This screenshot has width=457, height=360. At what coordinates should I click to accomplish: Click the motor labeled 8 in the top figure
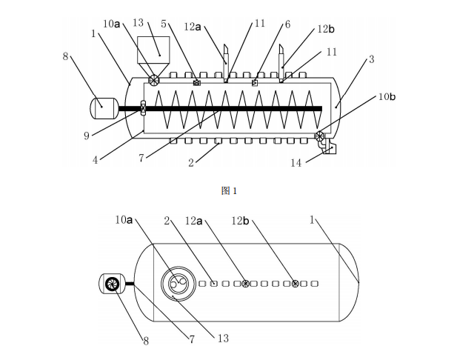tap(103, 108)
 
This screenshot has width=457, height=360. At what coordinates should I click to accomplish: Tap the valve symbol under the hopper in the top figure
tap(154, 80)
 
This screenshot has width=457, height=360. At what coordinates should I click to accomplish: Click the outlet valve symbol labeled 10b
tap(320, 136)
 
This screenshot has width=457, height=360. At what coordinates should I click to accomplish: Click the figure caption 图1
tap(229, 191)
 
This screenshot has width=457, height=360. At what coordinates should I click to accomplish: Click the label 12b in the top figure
tap(326, 29)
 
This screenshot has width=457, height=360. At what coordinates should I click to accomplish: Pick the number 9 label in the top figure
tap(87, 135)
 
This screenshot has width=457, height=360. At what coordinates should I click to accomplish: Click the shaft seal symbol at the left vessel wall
tap(142, 108)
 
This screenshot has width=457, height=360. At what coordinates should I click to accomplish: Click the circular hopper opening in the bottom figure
tap(179, 284)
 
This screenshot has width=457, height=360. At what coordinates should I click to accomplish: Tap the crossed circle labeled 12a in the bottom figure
tap(245, 284)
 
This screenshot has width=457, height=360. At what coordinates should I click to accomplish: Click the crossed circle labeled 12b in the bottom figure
tap(295, 284)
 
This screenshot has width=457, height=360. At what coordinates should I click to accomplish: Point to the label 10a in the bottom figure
tap(124, 219)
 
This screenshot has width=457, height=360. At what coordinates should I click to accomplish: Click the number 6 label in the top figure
tap(287, 24)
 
